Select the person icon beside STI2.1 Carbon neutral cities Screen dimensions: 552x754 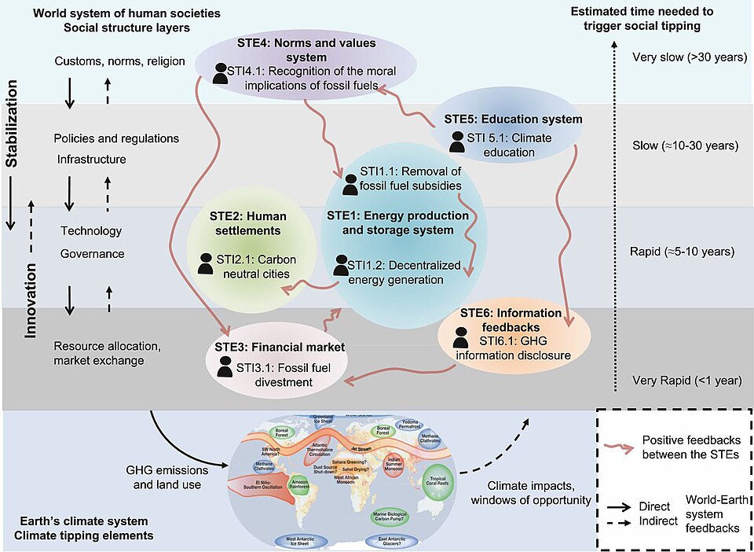tap(206, 263)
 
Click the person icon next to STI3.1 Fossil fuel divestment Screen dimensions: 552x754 tap(225, 367)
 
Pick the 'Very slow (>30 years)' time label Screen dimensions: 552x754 tap(683, 57)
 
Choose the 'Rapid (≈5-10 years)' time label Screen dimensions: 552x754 tap(683, 252)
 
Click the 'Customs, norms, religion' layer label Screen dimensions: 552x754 tap(120, 61)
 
